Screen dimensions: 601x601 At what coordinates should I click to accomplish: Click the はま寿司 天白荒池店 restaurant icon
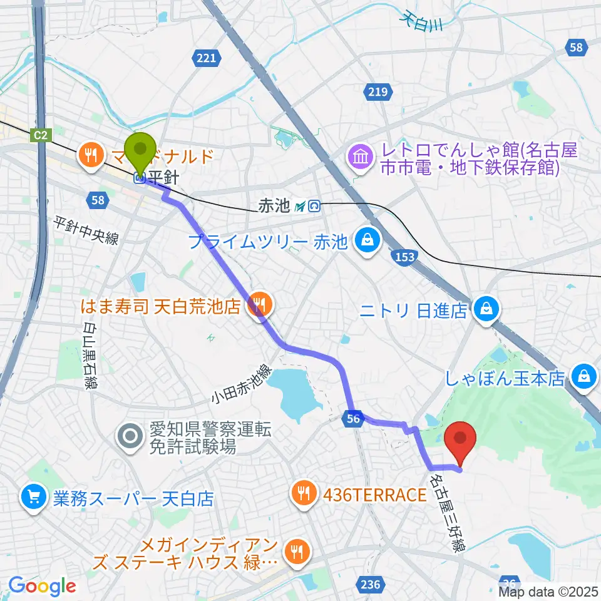[x=258, y=306]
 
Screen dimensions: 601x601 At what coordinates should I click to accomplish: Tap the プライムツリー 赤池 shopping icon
[x=366, y=240]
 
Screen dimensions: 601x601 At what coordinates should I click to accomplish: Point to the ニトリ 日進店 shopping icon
[x=485, y=309]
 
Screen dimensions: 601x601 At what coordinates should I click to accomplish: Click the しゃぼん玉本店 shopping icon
[x=583, y=376]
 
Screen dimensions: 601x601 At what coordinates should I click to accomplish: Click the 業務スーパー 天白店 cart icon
[x=33, y=498]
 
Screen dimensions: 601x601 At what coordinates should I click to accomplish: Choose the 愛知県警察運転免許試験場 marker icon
[x=131, y=435]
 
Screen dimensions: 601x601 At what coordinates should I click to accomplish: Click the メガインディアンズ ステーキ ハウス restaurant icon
[x=294, y=551]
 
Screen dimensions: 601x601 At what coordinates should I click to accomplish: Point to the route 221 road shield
[x=205, y=59]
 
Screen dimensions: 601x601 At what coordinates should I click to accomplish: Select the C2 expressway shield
[x=41, y=134]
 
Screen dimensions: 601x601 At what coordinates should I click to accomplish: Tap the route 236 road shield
[x=371, y=585]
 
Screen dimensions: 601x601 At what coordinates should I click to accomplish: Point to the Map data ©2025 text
[x=549, y=591]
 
